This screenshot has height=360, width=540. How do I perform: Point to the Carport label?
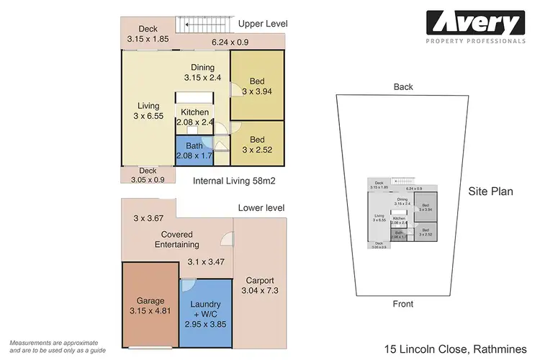[259, 281]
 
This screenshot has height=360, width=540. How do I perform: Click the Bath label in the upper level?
[194, 146]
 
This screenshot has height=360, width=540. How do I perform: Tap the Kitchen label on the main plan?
[194, 112]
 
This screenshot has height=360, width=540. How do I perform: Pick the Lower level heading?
[261, 208]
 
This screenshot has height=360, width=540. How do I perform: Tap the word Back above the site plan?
[403, 87]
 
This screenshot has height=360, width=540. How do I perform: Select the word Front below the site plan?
[403, 305]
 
